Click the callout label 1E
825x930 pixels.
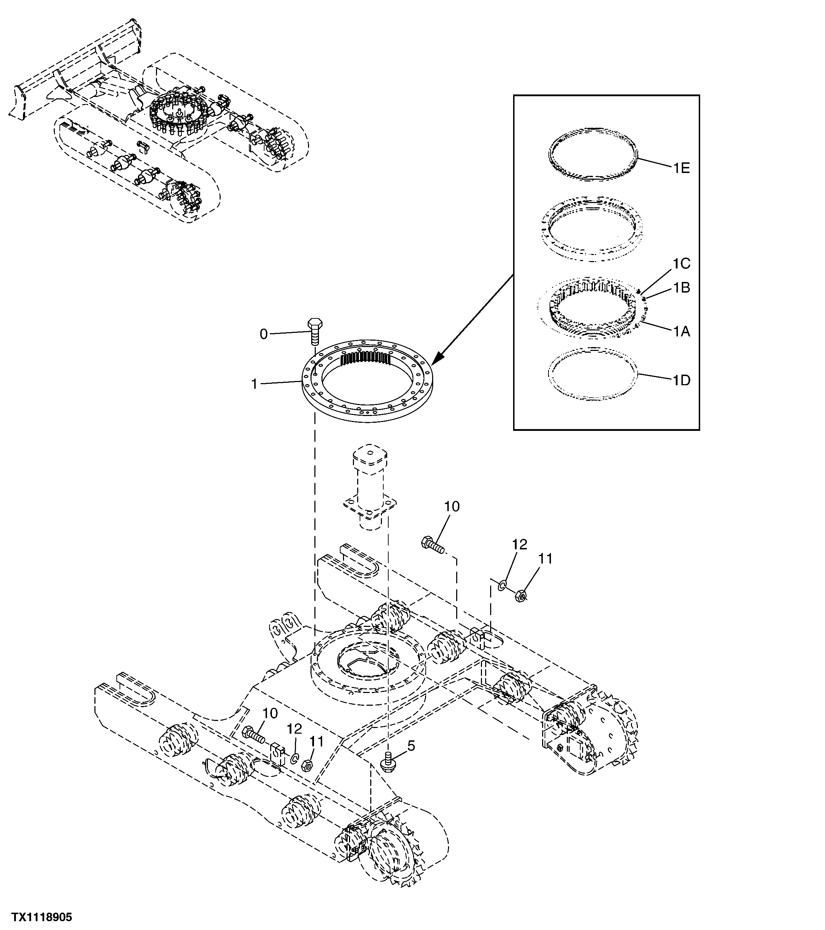681,168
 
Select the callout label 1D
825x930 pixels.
681,380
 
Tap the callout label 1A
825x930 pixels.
681,332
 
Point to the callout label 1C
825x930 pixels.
681,264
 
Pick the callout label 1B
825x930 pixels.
681,288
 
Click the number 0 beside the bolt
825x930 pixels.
263,334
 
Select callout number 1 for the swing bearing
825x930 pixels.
255,385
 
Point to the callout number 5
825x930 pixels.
411,746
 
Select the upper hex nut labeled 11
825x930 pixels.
521,595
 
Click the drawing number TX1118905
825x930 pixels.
42,917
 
